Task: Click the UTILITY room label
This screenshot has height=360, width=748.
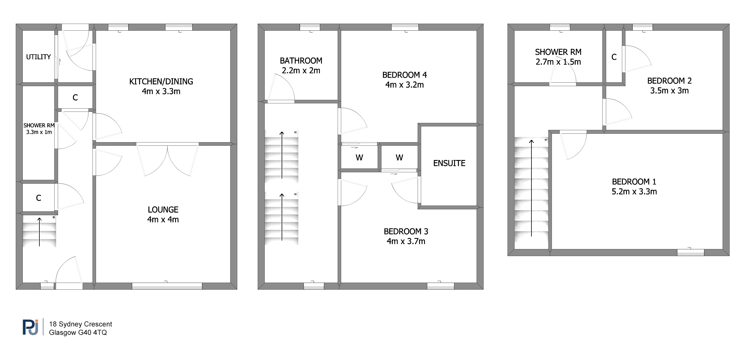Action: (39, 57)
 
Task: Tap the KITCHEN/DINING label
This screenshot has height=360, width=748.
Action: (161, 81)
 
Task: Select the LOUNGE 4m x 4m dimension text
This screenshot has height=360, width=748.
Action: (163, 220)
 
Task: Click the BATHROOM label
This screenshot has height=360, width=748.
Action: (301, 61)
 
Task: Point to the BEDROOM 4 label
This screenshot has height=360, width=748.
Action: (404, 75)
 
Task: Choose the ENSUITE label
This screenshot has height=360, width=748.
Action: (449, 163)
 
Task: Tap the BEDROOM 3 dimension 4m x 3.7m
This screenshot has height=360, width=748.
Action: (406, 241)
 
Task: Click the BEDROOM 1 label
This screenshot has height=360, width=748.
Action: (634, 182)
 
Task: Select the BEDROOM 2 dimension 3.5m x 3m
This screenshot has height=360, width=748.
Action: (669, 91)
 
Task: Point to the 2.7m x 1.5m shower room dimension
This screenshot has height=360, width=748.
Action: (558, 62)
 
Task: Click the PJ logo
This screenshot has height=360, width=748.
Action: (30, 327)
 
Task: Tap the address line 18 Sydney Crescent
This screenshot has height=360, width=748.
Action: (81, 324)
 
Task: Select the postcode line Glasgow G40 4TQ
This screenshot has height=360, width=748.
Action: (78, 333)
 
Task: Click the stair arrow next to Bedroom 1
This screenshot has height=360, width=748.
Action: (531, 188)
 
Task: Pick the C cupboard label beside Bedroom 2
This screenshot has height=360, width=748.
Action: (614, 57)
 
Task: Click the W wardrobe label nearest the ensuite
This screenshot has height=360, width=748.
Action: (399, 158)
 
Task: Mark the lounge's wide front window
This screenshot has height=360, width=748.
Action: (167, 286)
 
